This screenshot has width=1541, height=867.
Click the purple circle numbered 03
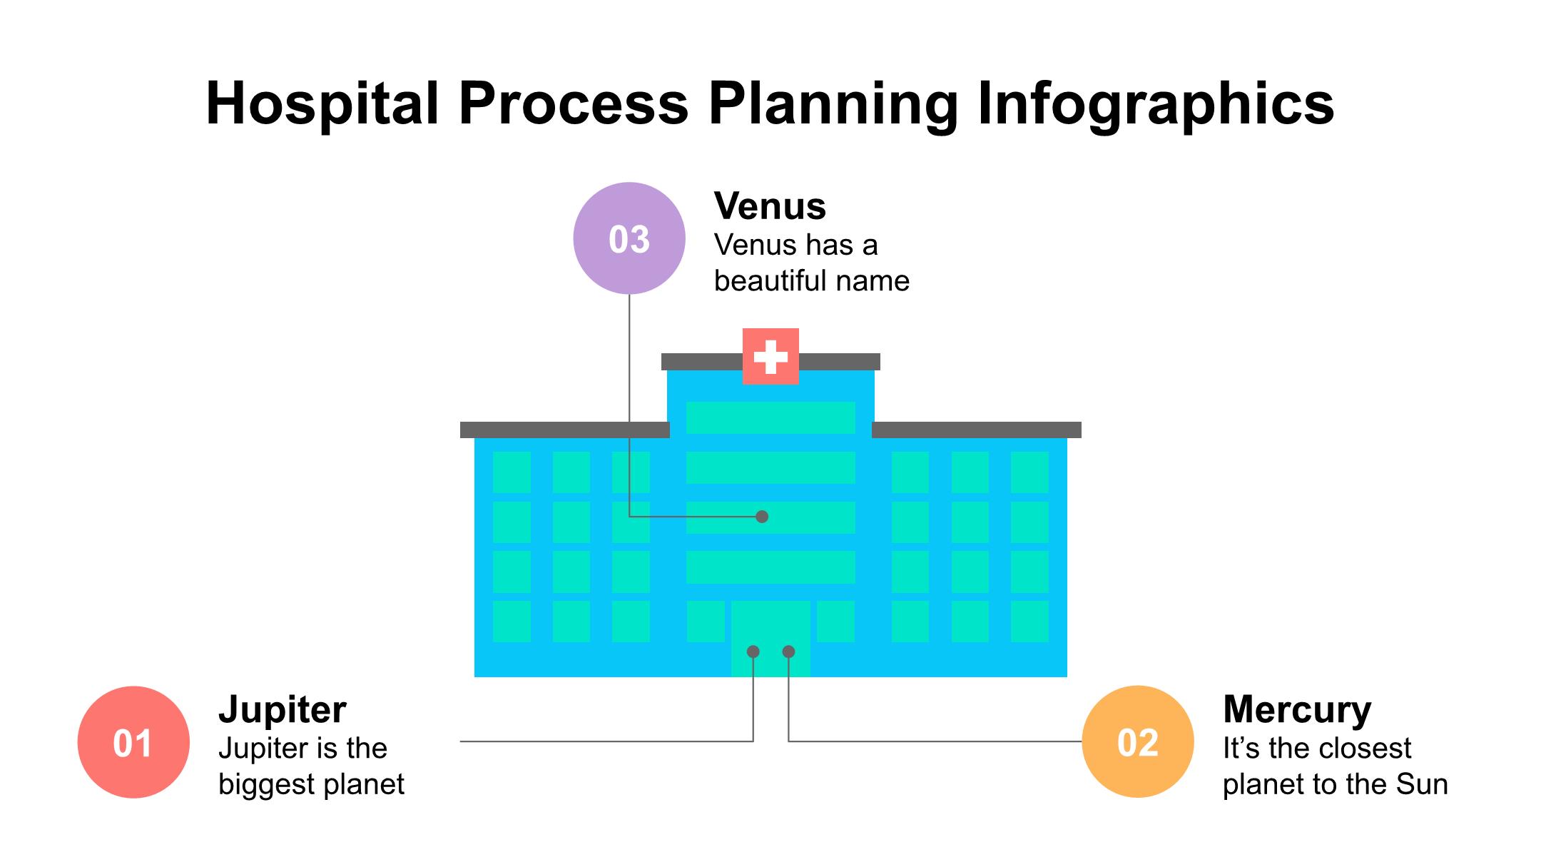[x=629, y=238]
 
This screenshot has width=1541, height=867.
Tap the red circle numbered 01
[x=133, y=742]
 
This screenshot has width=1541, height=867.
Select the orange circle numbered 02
[x=1137, y=742]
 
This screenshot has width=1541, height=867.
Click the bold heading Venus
[x=770, y=206]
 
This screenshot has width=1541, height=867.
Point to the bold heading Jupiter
[x=283, y=709]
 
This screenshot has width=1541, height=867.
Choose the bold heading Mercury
[x=1296, y=709]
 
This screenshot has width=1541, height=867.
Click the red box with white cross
[x=770, y=356]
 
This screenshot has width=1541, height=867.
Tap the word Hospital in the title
[x=322, y=104]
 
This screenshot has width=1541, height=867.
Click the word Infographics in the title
[x=1155, y=104]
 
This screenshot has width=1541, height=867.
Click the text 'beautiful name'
[x=811, y=281]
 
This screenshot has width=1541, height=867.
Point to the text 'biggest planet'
[x=311, y=784]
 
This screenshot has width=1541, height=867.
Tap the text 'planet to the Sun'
[x=1335, y=784]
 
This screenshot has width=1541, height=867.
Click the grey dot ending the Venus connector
[x=762, y=516]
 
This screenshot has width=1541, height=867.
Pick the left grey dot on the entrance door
[x=753, y=651]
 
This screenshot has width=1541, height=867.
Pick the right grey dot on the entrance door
[x=788, y=651]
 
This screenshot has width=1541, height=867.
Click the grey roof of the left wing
[x=564, y=430]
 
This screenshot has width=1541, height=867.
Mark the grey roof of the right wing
[x=976, y=430]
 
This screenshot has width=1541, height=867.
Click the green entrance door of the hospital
[x=770, y=628]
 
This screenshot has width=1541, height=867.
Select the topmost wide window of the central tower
[x=770, y=417]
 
